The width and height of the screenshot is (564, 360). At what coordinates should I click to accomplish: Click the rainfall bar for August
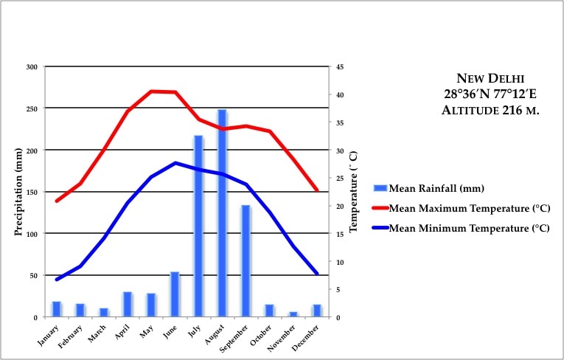222,214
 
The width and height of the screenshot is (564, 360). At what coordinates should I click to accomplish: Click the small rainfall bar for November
293,314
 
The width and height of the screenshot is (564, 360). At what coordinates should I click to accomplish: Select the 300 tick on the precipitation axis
31,67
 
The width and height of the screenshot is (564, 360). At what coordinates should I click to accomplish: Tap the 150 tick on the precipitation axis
31,192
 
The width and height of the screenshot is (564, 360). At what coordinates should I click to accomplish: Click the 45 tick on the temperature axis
340,67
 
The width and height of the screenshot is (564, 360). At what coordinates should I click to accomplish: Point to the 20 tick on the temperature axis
340,207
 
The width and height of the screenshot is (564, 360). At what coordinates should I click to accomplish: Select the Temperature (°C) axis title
354,192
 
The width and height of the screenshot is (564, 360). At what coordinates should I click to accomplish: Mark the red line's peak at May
151,91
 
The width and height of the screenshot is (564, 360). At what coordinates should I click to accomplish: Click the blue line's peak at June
175,163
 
